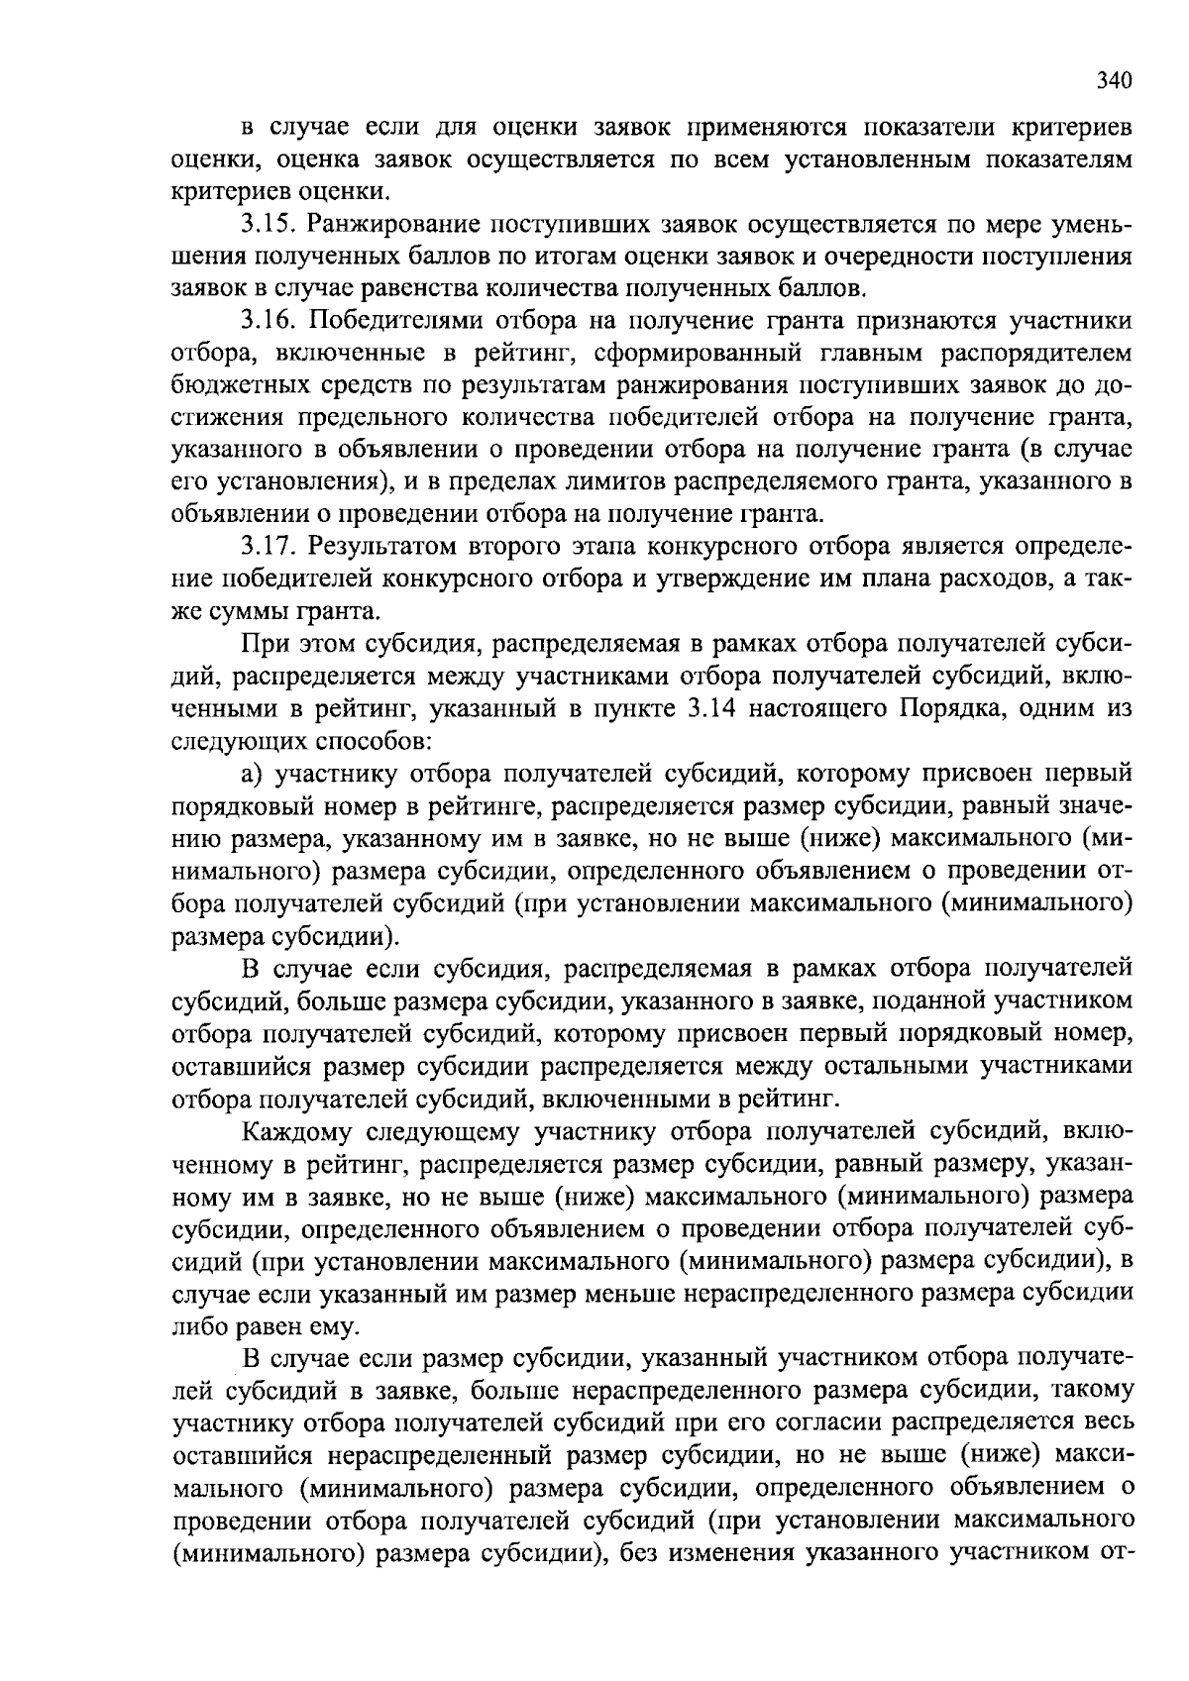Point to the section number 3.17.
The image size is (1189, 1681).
270,547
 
